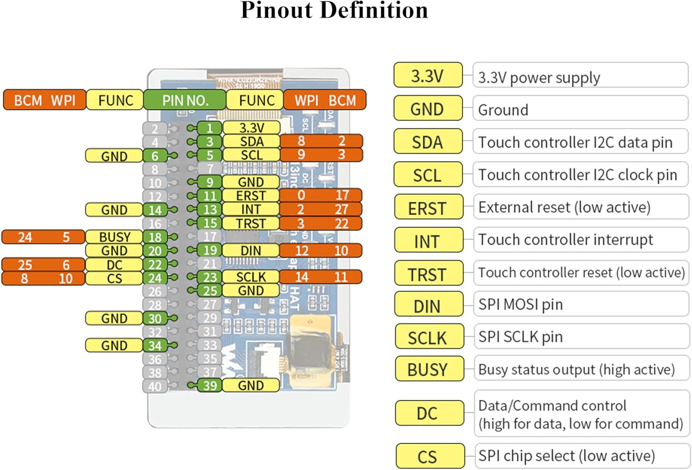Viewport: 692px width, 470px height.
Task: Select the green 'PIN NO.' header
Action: (185, 100)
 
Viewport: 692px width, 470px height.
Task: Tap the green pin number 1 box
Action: (210, 128)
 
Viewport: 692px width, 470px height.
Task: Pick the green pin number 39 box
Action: (210, 386)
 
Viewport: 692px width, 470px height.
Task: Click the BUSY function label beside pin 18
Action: (114, 237)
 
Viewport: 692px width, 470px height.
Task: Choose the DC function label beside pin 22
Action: (114, 265)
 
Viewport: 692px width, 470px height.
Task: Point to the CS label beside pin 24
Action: (114, 278)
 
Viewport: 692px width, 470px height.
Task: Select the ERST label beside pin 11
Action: (251, 196)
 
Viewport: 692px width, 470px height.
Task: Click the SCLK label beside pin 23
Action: (251, 277)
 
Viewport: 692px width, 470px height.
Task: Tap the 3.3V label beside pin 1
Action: (251, 128)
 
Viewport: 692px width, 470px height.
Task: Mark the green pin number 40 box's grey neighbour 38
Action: (155, 372)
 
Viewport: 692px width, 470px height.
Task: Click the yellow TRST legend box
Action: (428, 274)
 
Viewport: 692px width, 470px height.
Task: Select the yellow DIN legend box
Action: (428, 306)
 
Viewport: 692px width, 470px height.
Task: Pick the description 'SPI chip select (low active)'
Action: (566, 456)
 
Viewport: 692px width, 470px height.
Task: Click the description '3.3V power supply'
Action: (539, 78)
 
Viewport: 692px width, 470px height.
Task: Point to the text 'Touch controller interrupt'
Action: (565, 240)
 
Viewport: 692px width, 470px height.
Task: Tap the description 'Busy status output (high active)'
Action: (576, 369)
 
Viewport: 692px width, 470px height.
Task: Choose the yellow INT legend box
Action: (428, 241)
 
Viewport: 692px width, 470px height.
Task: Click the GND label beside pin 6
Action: (114, 156)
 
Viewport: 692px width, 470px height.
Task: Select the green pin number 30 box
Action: (155, 319)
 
